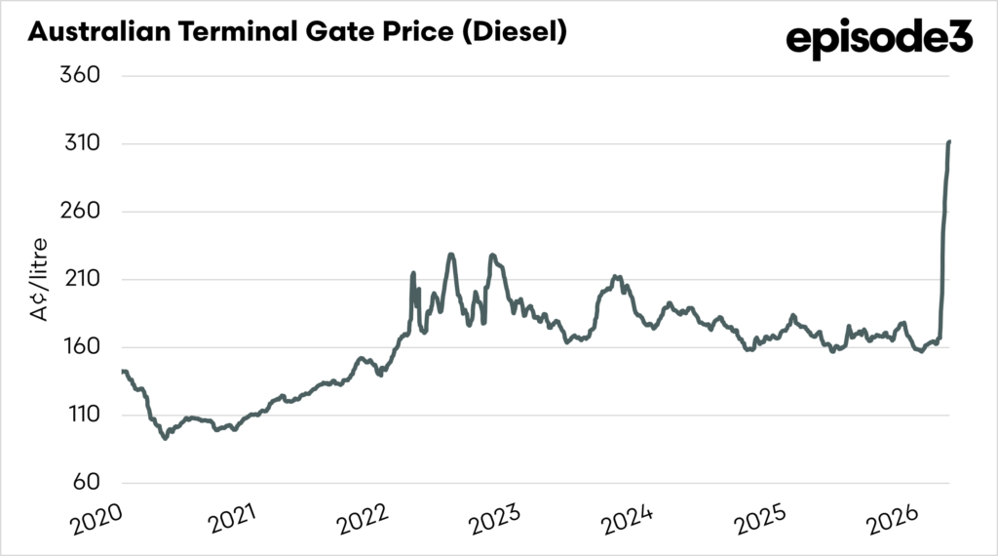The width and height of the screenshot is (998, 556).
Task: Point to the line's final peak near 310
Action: click(949, 142)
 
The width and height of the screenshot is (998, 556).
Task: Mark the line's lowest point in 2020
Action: click(165, 438)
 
